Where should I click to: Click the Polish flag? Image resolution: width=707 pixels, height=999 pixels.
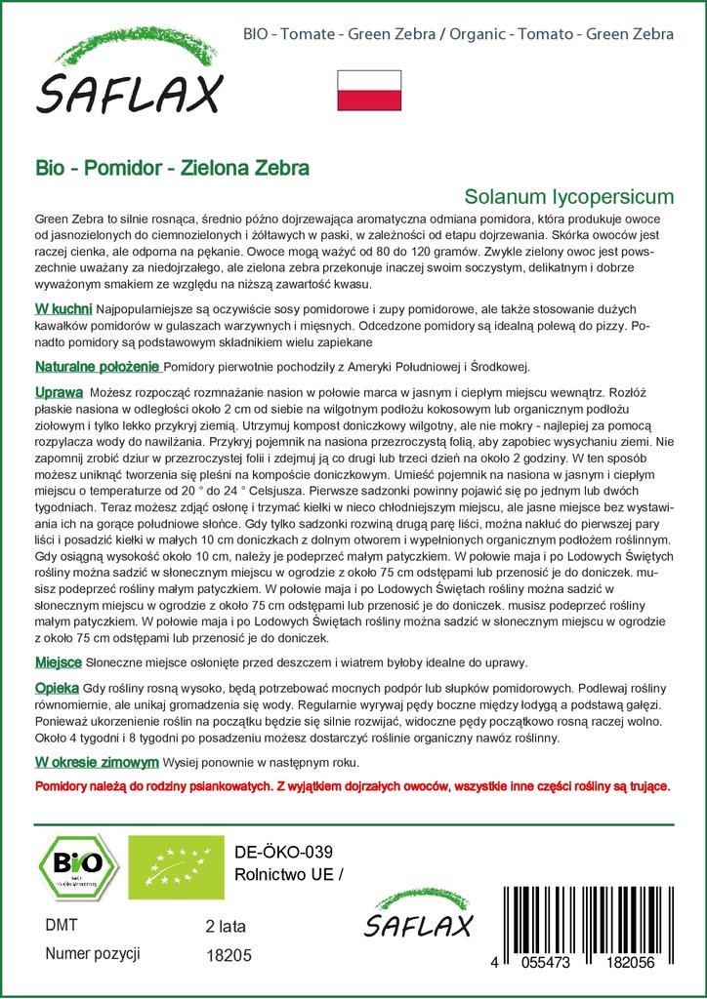(369, 90)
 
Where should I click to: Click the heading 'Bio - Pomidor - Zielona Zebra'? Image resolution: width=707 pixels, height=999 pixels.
(172, 167)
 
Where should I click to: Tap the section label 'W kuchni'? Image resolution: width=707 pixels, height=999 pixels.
(64, 308)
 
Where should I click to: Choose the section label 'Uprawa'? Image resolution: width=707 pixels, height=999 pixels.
(59, 390)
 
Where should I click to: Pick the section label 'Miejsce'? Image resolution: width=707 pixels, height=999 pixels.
(59, 662)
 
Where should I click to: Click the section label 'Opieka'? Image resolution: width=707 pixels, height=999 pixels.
(57, 688)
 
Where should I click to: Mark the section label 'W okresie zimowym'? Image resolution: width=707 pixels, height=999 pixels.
(97, 762)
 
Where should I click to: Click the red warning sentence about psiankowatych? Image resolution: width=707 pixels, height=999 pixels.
(353, 785)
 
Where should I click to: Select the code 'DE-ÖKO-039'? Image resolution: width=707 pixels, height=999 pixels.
(277, 851)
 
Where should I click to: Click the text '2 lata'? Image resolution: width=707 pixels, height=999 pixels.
(227, 926)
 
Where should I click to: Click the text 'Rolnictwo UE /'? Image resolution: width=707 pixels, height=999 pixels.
(291, 873)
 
